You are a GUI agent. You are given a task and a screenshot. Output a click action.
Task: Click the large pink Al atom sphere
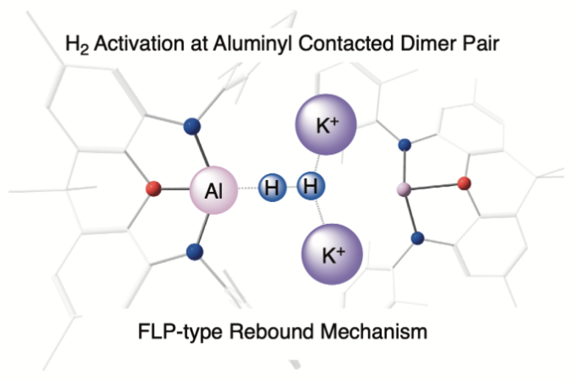click(x=214, y=190)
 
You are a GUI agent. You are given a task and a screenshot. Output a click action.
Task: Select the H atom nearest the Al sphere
click(x=272, y=187)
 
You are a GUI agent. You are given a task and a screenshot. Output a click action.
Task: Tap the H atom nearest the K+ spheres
click(x=311, y=186)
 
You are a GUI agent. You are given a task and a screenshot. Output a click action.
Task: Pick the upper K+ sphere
click(x=326, y=125)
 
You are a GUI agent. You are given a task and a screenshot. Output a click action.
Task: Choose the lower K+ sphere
click(x=332, y=254)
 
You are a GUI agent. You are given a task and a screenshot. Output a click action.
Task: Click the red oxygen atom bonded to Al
click(x=154, y=189)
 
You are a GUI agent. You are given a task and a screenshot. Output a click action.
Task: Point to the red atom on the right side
click(x=464, y=183)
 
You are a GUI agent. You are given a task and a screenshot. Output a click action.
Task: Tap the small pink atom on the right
click(x=404, y=190)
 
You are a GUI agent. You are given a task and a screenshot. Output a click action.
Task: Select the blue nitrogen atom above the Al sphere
click(x=192, y=126)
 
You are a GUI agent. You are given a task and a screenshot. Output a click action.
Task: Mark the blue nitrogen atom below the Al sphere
click(x=195, y=252)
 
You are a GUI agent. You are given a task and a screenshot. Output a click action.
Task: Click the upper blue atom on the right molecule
click(x=405, y=145)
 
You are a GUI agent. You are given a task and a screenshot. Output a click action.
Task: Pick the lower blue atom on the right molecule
click(x=418, y=238)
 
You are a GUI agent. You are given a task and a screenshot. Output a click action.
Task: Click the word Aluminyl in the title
click(x=253, y=44)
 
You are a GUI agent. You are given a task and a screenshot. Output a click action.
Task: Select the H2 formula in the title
click(x=76, y=45)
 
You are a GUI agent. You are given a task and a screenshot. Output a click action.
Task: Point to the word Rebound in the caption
click(x=272, y=331)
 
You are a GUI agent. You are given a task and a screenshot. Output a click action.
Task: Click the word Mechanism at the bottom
click(x=374, y=331)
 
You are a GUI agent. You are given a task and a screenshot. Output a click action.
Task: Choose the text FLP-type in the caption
click(x=180, y=332)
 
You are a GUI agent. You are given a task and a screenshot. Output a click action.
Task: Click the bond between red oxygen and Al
click(x=176, y=189)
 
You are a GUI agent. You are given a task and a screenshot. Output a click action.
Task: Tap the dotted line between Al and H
click(x=248, y=188)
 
